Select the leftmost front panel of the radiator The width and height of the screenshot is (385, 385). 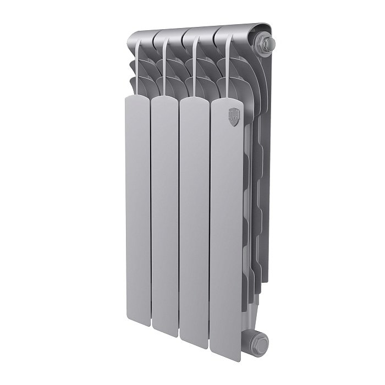(137, 209)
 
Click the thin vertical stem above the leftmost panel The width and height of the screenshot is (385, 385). (135, 66)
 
